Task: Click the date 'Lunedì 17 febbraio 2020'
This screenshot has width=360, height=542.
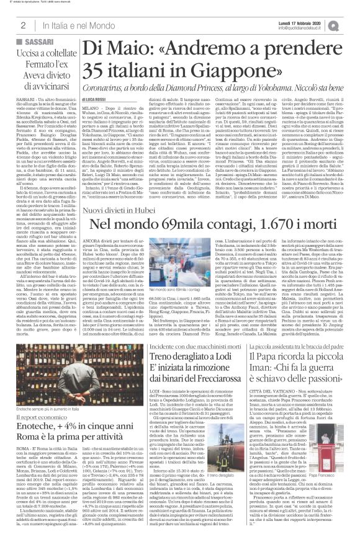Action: pyautogui.click(x=309, y=20)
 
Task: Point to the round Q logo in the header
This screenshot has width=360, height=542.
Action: pyautogui.click(x=350, y=23)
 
